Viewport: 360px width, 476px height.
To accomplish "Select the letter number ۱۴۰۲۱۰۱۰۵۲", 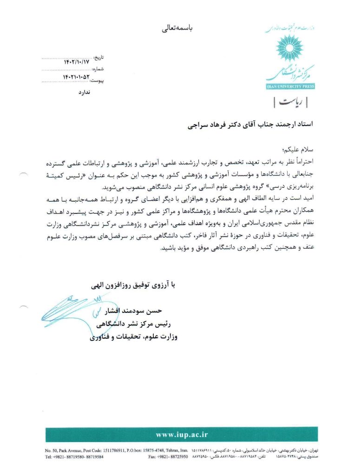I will [x=76, y=76].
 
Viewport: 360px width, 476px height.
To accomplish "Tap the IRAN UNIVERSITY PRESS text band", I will [x=290, y=86].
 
